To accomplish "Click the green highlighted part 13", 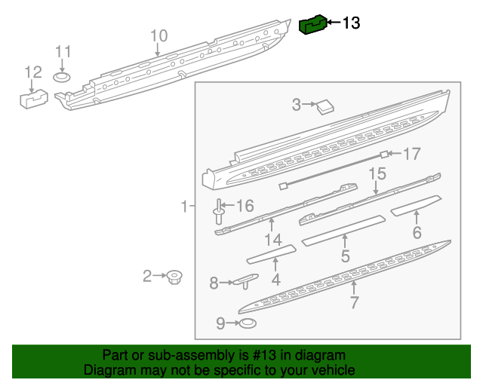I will point(312,25).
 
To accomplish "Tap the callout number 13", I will point(352,23).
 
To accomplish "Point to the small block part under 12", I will point(32,98).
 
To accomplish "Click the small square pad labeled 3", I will point(326,106).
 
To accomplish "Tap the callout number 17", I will point(411,155).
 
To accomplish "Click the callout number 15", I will point(377,175).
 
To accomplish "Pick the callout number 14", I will point(272,240).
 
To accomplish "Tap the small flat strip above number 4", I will point(271,254).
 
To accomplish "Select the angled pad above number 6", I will point(416,206).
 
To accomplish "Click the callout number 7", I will point(354,303).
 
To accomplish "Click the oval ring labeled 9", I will point(247,324).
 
